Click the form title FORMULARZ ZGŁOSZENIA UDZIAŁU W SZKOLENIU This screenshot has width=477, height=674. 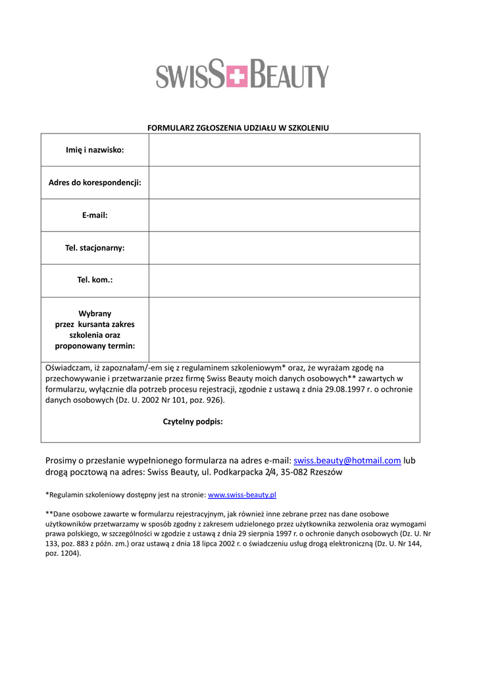238,128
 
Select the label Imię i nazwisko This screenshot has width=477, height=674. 95,150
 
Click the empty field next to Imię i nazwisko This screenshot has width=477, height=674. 284,150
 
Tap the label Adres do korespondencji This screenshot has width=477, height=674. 95,182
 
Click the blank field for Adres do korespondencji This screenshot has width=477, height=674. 284,182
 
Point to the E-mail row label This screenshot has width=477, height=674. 95,215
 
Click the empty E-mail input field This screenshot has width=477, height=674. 284,215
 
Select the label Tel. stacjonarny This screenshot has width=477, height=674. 95,248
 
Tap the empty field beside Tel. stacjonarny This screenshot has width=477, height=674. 284,248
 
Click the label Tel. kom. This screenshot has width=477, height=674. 95,280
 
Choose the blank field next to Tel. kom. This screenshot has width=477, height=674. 284,280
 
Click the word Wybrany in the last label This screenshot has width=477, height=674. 95,313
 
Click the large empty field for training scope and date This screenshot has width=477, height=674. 284,329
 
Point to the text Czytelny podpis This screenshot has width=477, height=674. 193,422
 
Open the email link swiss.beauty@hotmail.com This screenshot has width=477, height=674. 347,461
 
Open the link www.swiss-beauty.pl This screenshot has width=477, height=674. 241,494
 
